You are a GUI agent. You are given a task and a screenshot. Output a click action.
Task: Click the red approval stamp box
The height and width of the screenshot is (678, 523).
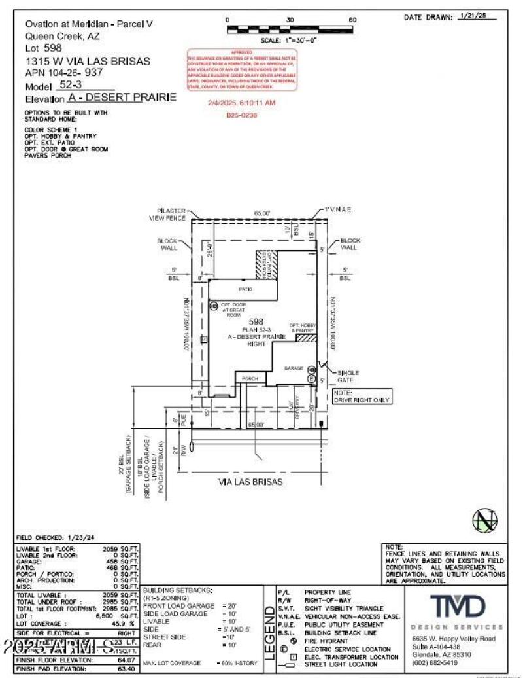click(243, 70)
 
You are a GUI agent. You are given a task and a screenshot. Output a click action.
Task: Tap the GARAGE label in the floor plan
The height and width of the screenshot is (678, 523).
click(294, 368)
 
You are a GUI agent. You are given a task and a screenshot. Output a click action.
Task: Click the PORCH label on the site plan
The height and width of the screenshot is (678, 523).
click(250, 379)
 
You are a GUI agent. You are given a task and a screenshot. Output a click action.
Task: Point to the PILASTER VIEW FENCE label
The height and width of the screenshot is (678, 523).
click(167, 214)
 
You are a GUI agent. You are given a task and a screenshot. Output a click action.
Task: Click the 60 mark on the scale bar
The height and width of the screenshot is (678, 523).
click(352, 20)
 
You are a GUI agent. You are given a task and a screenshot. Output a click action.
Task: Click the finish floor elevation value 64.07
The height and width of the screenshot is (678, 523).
click(124, 660)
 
